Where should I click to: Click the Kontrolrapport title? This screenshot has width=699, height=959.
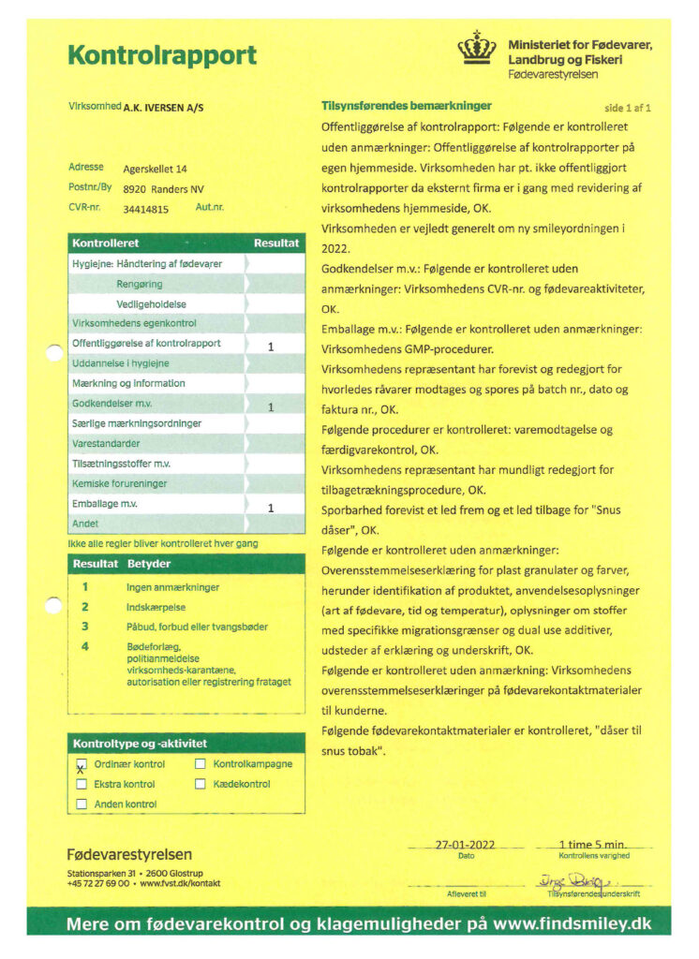[161, 55]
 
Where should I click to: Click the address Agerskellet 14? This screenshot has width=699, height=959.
[156, 170]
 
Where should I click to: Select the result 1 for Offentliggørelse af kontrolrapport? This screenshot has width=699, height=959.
[270, 347]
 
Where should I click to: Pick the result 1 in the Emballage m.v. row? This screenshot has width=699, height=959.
[270, 508]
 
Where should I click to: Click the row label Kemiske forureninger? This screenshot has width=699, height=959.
[120, 484]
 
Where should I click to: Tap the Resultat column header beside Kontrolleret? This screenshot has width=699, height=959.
[276, 243]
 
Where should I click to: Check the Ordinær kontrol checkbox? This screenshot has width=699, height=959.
[82, 765]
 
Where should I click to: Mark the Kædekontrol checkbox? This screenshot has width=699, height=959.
[201, 784]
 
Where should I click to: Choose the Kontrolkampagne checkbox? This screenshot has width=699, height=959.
[201, 764]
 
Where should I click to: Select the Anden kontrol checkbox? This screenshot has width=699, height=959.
[82, 804]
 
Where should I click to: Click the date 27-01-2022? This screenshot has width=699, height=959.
[466, 844]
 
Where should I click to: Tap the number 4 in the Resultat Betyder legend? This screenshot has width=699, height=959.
[85, 646]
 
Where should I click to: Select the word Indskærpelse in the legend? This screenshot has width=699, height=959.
[156, 608]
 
